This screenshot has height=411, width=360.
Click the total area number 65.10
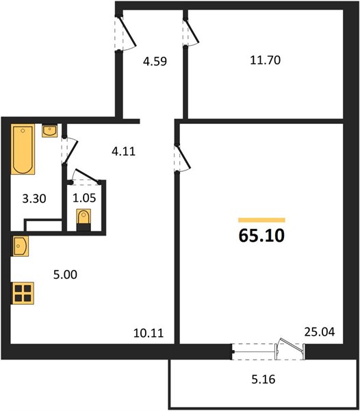[261, 236]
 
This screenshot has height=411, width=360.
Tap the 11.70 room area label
[266, 60]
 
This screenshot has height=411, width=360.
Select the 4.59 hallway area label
[155, 62]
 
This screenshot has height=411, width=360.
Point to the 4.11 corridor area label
[123, 151]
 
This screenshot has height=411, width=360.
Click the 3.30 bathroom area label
[34, 199]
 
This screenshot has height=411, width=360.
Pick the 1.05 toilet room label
[84, 198]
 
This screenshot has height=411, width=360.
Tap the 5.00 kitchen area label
[65, 275]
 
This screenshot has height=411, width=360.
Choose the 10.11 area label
[149, 333]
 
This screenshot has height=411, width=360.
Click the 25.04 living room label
[320, 332]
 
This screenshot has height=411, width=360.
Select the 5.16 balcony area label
[263, 379]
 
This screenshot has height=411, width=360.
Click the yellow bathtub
[23, 149]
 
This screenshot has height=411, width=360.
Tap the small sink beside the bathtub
[49, 131]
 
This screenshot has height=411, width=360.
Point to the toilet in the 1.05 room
[83, 220]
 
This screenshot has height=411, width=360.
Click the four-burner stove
[23, 293]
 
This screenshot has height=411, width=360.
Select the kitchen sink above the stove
[20, 246]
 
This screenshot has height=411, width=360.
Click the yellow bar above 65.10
[261, 220]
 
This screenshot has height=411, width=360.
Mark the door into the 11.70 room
[190, 33]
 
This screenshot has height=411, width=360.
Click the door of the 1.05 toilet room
[85, 177]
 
